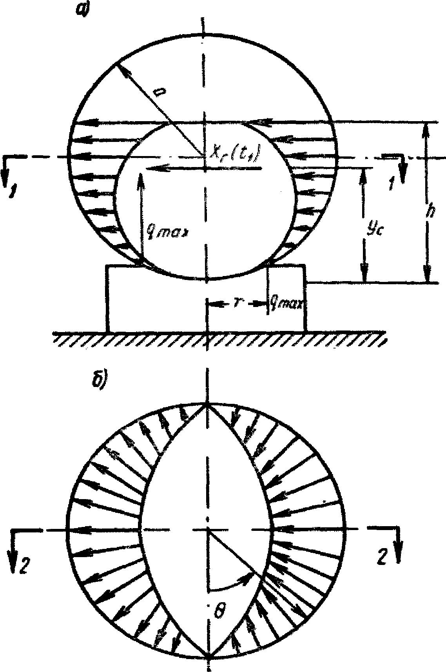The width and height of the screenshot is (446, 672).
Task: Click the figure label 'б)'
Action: coord(97,383)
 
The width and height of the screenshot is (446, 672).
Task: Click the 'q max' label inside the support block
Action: coord(285,303)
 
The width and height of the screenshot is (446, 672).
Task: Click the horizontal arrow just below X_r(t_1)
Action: coord(204,168)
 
